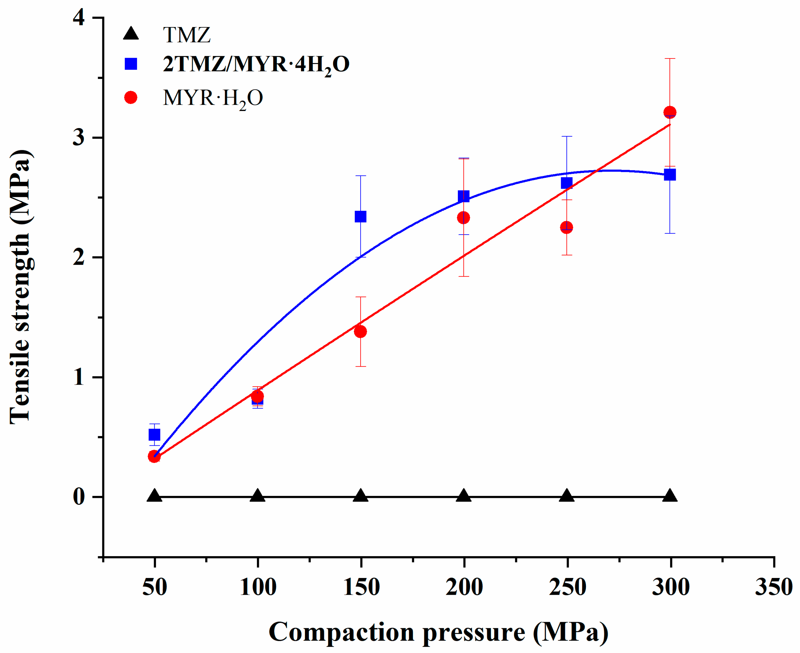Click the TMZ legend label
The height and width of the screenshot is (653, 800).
click(x=187, y=35)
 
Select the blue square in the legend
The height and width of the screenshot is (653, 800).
click(x=130, y=64)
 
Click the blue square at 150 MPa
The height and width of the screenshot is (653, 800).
click(x=360, y=217)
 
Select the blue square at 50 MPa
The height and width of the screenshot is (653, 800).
click(x=154, y=435)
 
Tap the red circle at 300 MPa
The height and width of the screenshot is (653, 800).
click(x=670, y=112)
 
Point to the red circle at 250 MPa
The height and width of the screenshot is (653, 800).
click(x=567, y=227)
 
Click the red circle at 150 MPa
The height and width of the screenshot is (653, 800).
click(x=360, y=331)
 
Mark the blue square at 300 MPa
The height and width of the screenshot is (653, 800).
click(x=670, y=175)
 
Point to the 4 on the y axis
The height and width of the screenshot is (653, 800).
click(x=79, y=18)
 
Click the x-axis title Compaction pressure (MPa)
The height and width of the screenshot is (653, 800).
click(x=439, y=632)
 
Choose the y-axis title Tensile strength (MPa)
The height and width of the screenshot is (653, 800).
click(x=21, y=287)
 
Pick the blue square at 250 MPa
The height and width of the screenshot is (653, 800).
click(x=567, y=183)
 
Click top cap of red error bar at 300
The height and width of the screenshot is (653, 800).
click(x=670, y=59)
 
